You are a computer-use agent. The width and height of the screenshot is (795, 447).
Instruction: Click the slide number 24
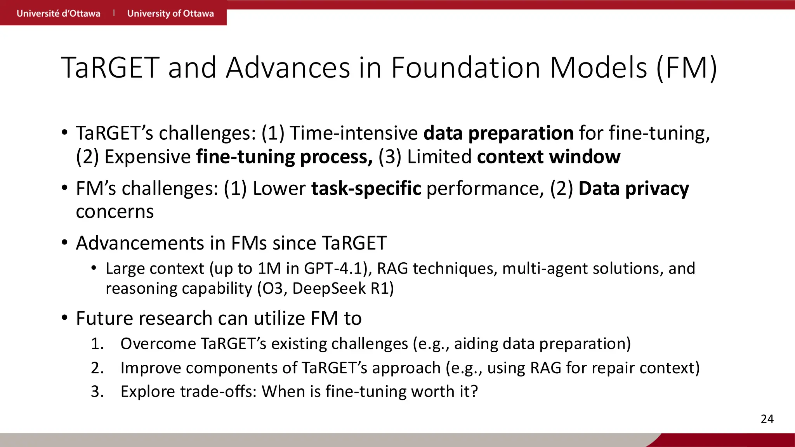(767, 419)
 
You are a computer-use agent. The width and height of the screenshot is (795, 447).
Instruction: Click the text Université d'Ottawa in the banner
(58, 14)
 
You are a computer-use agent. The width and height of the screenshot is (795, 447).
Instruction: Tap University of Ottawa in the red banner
(170, 14)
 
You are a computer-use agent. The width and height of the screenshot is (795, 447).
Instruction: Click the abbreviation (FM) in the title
(686, 68)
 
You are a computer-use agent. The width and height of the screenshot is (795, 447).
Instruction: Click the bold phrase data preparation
(498, 133)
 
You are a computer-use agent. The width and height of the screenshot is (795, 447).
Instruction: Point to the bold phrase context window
(549, 157)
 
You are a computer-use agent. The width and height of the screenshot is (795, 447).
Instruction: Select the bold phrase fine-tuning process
(284, 157)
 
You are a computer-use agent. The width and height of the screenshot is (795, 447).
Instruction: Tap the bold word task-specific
(366, 189)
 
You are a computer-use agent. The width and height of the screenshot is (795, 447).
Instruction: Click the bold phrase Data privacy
(634, 189)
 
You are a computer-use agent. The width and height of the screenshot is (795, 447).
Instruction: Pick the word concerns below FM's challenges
(115, 212)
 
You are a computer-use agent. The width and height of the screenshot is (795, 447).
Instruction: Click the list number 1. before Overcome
(97, 344)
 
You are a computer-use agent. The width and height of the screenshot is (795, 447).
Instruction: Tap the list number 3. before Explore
(97, 392)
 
